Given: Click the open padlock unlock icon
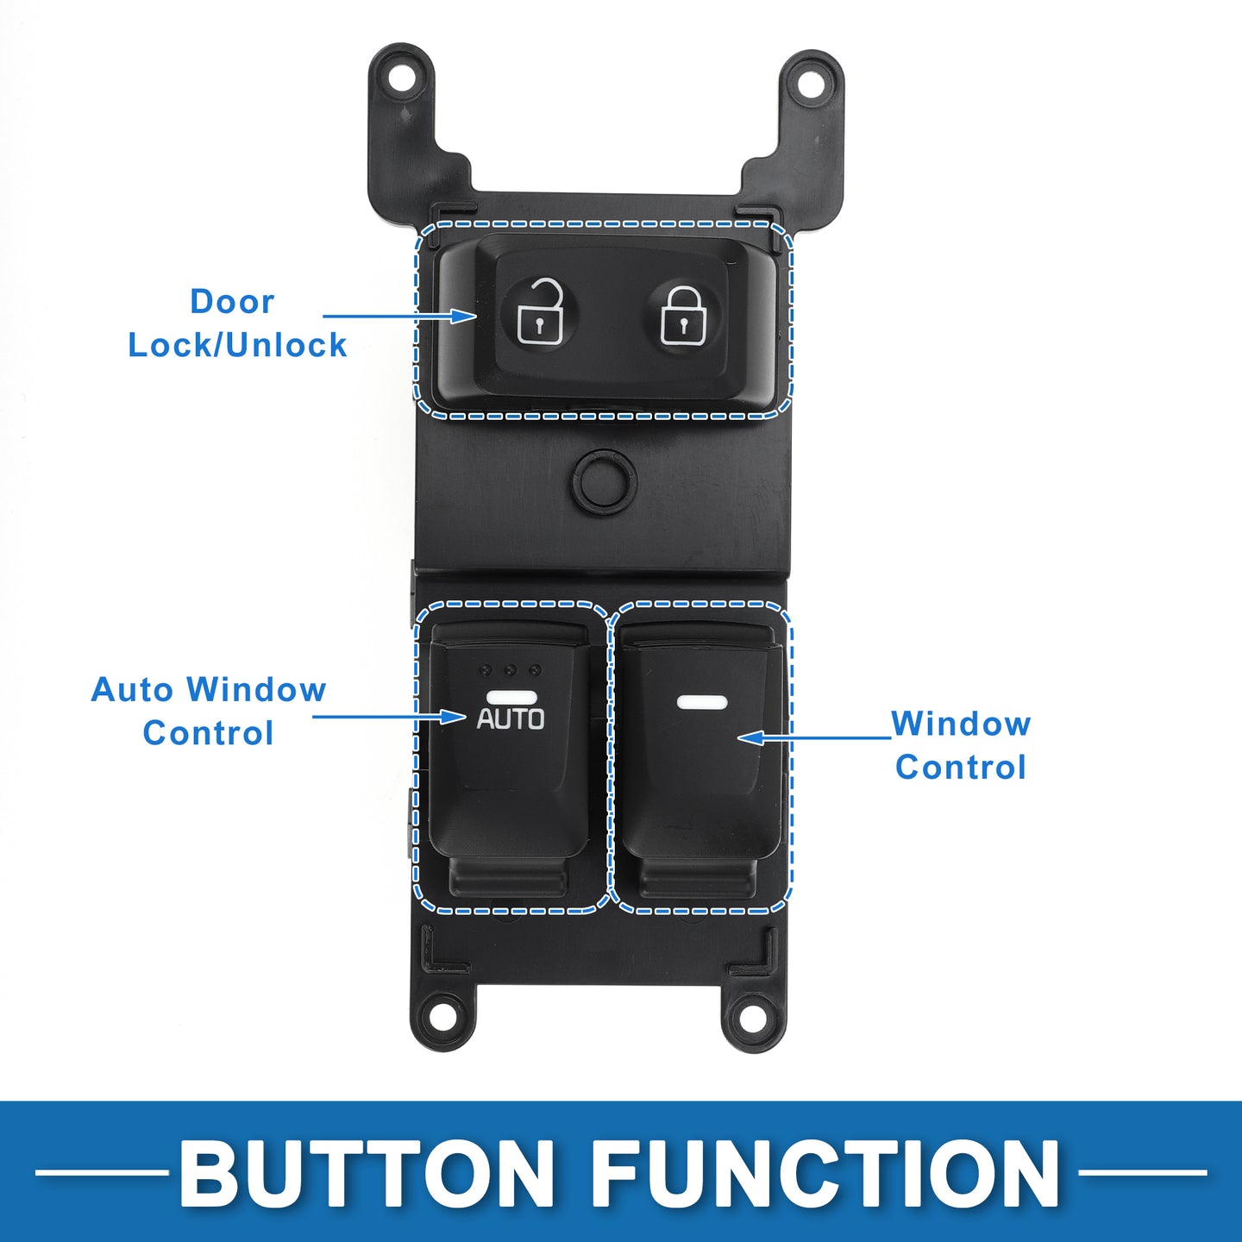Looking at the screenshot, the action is click(540, 312).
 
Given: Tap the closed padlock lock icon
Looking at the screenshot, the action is click(684, 315).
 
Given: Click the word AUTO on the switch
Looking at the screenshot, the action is click(510, 718).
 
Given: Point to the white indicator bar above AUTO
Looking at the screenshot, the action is click(512, 697).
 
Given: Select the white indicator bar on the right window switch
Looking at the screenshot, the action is click(702, 701).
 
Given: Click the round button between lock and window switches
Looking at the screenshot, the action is click(604, 480).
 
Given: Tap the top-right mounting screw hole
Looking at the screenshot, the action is click(813, 85).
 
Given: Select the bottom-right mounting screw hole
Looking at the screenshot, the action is click(750, 1020).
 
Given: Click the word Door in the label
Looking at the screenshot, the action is click(232, 302).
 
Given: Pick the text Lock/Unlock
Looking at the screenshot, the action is click(237, 345).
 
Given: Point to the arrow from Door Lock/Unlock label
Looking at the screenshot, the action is click(399, 316).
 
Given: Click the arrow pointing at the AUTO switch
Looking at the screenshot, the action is click(389, 716).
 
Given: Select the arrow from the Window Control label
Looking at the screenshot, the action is click(815, 737).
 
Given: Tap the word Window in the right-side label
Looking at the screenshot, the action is click(961, 724).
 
